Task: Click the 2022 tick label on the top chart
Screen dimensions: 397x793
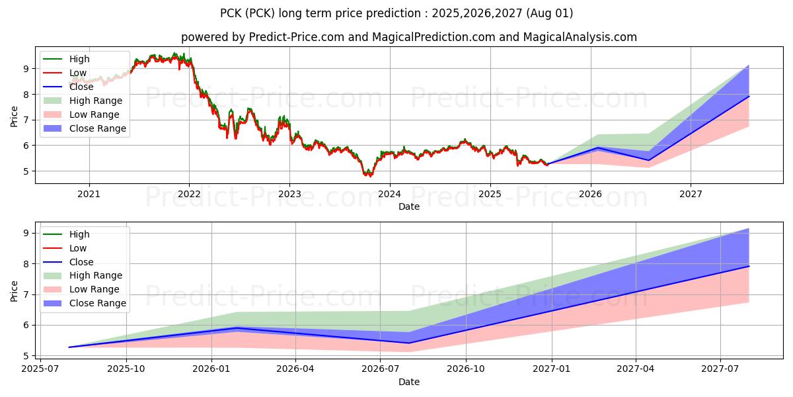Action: coord(189,194)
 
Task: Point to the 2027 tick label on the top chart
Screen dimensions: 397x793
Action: coord(691,194)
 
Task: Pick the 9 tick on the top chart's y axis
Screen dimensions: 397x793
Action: coord(24,68)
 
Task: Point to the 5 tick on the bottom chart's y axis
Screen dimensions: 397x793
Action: coord(24,356)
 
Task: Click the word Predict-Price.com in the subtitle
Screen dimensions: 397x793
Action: coord(296,37)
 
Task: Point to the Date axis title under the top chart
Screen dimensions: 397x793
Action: coord(408,206)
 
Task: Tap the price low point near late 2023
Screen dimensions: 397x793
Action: coord(369,176)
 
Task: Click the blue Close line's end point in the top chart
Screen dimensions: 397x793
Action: coord(749,97)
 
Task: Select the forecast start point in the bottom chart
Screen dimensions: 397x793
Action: coord(69,347)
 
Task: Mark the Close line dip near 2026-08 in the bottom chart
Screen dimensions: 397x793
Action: coord(408,343)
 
